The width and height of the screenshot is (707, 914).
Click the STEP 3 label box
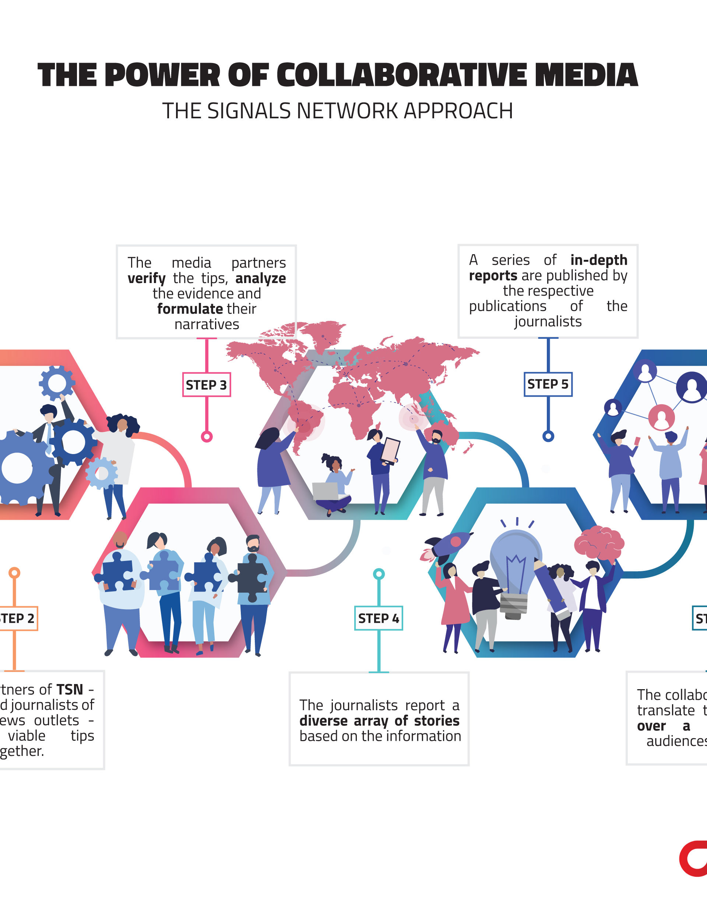206,385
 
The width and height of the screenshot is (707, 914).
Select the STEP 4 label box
379,618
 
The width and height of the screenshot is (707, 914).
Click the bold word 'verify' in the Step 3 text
146,278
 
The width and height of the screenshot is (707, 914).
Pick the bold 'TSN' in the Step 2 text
70,689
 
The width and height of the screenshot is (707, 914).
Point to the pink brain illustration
599,543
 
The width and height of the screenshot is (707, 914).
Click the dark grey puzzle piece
251,578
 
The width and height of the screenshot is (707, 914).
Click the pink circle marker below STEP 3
207,437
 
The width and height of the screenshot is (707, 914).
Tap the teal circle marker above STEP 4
379,574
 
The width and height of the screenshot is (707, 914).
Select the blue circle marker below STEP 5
548,436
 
